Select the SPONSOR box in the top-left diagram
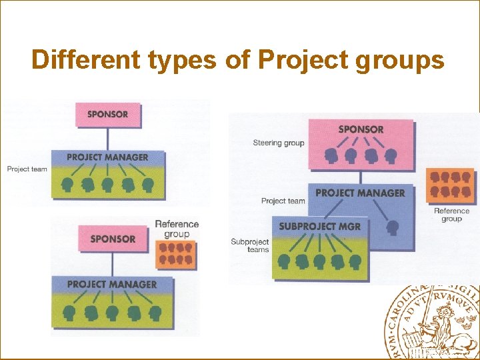[107, 114]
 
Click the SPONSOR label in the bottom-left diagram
[113, 239]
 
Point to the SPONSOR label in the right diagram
[361, 129]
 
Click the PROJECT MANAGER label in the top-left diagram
[107, 157]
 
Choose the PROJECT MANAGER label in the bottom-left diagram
[112, 285]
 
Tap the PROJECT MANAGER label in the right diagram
[360, 193]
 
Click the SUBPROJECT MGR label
[319, 226]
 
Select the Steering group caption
[279, 143]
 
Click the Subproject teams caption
[249, 245]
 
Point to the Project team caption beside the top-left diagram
[27, 169]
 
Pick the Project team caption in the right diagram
[283, 201]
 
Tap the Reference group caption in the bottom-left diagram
[177, 229]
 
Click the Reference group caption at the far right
[451, 215]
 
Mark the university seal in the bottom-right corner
[432, 323]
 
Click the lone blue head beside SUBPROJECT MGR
[393, 228]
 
